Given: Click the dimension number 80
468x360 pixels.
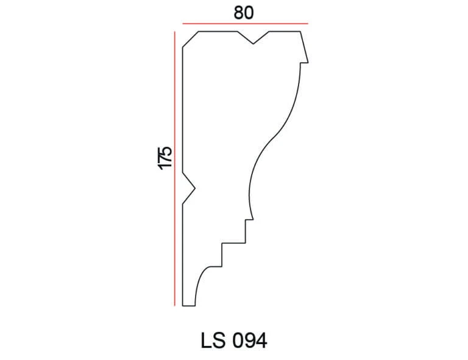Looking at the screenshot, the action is point(244,13).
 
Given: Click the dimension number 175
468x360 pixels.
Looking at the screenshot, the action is point(165,158).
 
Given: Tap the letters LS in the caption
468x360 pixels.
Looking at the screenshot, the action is point(213,341).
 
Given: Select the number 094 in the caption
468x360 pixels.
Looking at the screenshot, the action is point(250,341).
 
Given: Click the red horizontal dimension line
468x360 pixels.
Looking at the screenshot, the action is point(246,23).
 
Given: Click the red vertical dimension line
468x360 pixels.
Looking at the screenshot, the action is point(175,169).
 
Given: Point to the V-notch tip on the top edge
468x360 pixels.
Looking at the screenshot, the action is point(253,44).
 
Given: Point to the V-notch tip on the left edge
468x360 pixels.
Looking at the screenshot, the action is point(195,188).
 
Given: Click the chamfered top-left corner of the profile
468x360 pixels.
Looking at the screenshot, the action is point(191,39).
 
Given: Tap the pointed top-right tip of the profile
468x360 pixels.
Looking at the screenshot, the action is point(308,63).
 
